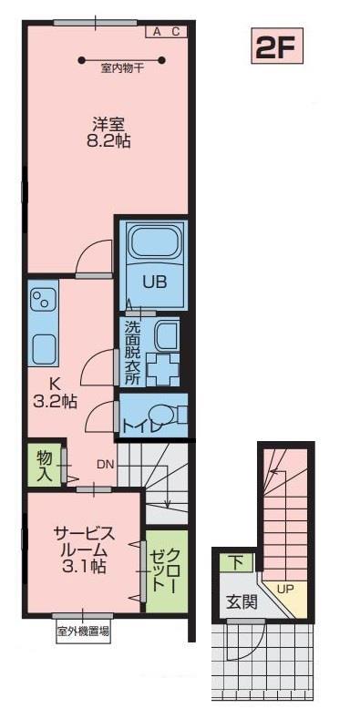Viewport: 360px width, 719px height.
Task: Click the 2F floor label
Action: click(x=274, y=48)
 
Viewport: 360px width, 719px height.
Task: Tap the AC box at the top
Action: click(x=167, y=31)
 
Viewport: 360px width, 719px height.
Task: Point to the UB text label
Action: click(x=152, y=282)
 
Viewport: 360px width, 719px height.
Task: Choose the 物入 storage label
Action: click(x=44, y=464)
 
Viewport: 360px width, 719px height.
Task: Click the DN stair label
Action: click(x=106, y=465)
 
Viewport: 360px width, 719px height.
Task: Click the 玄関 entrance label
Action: click(x=241, y=601)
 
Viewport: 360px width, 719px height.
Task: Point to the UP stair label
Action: click(x=285, y=588)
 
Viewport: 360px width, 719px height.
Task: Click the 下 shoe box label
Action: click(x=235, y=561)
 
